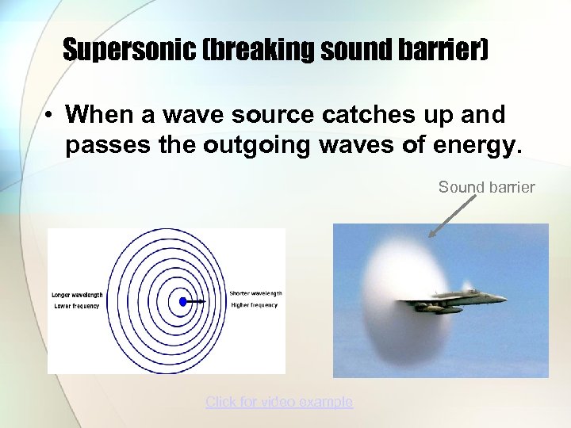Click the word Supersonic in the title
[x=128, y=51]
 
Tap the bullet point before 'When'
[x=49, y=116]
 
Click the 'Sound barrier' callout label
[x=487, y=187]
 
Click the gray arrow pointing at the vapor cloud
[x=452, y=216]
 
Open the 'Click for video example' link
[x=279, y=402]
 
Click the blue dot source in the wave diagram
[x=183, y=301]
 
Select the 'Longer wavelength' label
[x=77, y=294]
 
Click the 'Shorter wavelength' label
[x=256, y=294]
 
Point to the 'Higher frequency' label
[x=255, y=305]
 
